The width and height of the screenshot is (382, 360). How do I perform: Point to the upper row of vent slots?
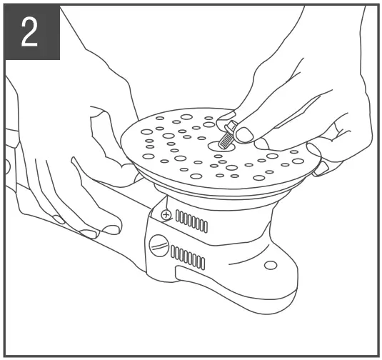191,221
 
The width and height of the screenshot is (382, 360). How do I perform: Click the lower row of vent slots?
187,258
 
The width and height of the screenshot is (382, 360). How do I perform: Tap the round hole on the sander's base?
270,266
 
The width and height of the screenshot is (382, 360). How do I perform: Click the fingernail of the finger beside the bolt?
244,134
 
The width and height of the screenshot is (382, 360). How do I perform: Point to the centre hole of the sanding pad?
218,144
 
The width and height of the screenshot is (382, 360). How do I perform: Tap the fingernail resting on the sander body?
89,233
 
